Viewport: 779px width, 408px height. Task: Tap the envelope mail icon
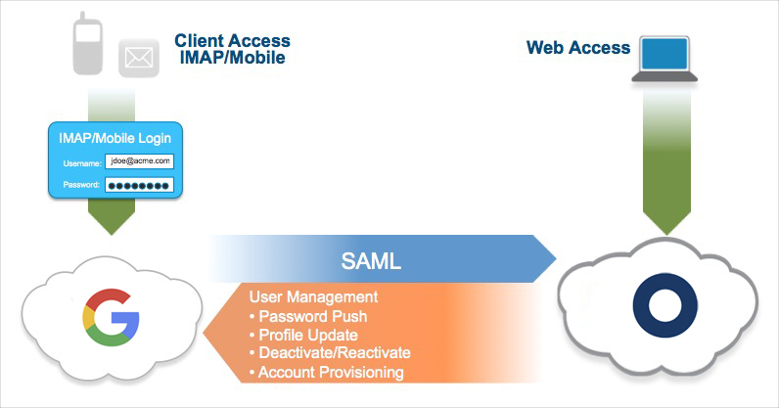[139, 59]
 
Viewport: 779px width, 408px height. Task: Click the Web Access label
[578, 47]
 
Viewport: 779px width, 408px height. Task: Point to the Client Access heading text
[232, 40]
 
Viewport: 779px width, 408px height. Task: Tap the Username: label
[82, 162]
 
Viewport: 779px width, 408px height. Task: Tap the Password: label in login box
[82, 185]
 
